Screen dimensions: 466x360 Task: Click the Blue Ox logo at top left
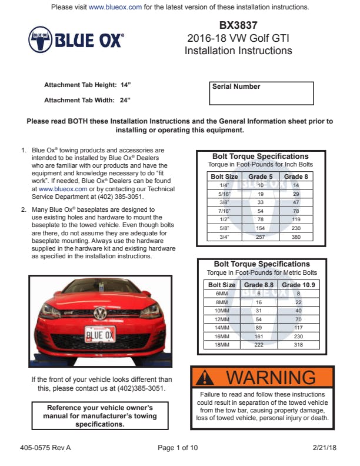[76, 39]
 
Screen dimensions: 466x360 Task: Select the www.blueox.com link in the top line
[115, 7]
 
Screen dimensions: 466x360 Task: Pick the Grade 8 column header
[296, 177]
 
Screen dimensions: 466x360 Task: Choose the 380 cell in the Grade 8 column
[296, 237]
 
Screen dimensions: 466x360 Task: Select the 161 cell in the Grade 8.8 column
[259, 336]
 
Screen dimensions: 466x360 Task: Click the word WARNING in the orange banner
[271, 377]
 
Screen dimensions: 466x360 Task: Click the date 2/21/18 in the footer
[324, 448]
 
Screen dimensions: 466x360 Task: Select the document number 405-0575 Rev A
[45, 448]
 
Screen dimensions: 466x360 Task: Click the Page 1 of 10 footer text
[178, 448]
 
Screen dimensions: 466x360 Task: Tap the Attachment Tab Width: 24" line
[87, 100]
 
